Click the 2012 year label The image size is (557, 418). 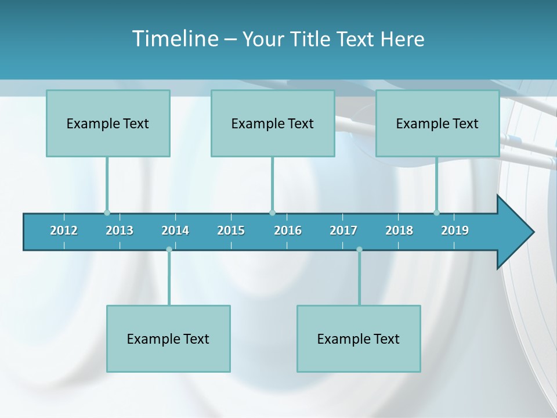pos(64,230)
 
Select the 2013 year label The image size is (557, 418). pos(120,230)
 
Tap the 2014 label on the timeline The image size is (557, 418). pos(175,230)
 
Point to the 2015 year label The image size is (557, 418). pos(231,230)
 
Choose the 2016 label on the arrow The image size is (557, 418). pos(288,230)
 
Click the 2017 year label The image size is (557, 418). pos(343,230)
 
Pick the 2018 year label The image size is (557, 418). pos(399,230)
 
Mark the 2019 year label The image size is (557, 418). pos(455,230)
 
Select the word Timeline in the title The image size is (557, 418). pos(174,39)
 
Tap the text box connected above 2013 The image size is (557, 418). pos(108,123)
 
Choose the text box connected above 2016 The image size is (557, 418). pos(273,123)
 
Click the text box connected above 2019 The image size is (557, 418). pos(437,123)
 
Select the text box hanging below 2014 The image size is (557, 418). pos(168,338)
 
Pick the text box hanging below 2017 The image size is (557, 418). pos(359,338)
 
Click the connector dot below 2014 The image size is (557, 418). pos(169,250)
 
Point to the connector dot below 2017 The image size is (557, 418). pos(359,250)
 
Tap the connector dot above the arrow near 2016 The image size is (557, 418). pos(272,212)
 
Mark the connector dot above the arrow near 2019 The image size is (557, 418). pos(436,212)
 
